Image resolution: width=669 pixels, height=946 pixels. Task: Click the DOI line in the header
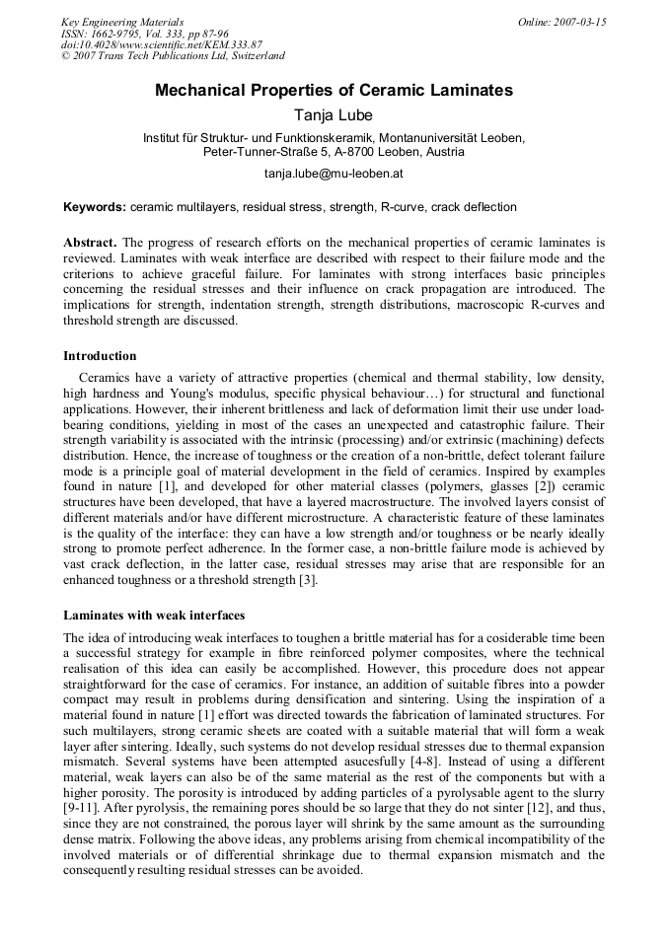pyautogui.click(x=162, y=45)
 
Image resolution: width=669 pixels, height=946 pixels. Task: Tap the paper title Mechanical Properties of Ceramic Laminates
pyautogui.click(x=334, y=91)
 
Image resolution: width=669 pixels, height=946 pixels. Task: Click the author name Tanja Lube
pyautogui.click(x=334, y=115)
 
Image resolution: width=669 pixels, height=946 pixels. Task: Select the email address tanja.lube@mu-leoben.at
pyautogui.click(x=334, y=174)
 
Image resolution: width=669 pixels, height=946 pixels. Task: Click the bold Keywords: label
pyautogui.click(x=95, y=208)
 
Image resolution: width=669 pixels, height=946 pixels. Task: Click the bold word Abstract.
pyautogui.click(x=91, y=243)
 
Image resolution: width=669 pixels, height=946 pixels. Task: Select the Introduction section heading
pyautogui.click(x=100, y=356)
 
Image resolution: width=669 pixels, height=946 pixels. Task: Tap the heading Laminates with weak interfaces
pyautogui.click(x=154, y=615)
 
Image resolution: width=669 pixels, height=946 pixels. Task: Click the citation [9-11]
pyautogui.click(x=87, y=807)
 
